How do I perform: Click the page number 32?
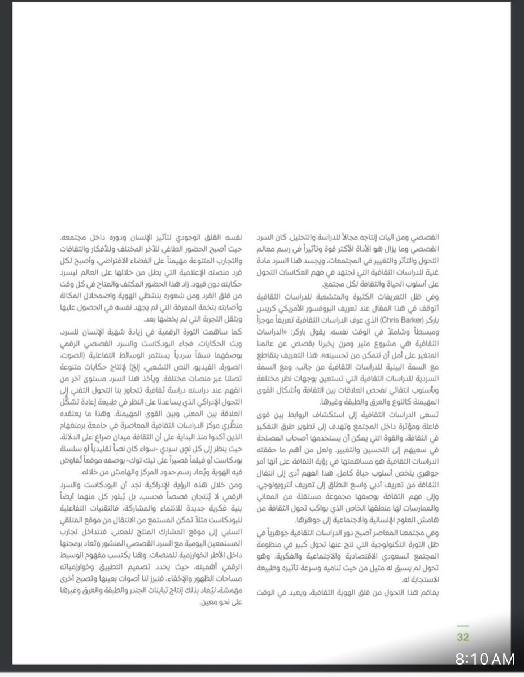[x=462, y=637]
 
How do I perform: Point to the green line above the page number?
[x=462, y=626]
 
